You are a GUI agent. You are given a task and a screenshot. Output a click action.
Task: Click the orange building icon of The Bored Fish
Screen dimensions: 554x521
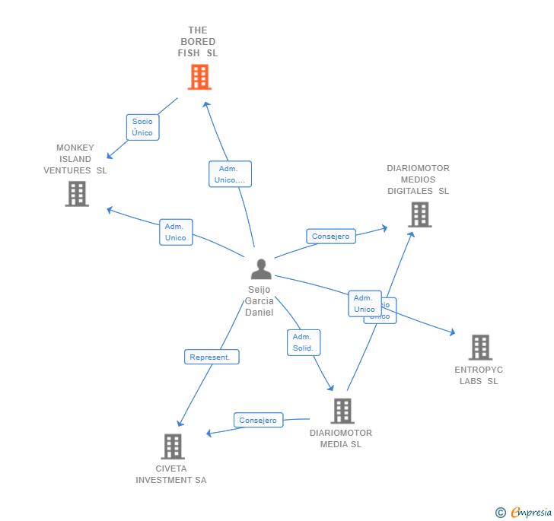pyautogui.click(x=199, y=77)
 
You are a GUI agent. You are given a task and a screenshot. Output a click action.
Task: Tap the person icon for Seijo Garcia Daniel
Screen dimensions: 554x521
pyautogui.click(x=261, y=269)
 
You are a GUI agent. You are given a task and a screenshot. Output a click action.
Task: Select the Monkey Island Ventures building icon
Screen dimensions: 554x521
pyautogui.click(x=77, y=194)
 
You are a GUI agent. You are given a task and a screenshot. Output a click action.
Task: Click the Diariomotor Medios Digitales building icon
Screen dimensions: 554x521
pyautogui.click(x=419, y=214)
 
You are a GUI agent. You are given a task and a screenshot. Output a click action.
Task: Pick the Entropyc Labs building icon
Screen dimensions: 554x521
pyautogui.click(x=479, y=348)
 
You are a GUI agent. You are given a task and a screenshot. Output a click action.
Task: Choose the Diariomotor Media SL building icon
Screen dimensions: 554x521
pyautogui.click(x=342, y=411)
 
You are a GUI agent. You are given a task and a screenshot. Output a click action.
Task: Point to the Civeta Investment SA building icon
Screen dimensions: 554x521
pyautogui.click(x=173, y=446)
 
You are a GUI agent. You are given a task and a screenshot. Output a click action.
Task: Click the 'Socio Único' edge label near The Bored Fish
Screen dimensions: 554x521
pyautogui.click(x=142, y=127)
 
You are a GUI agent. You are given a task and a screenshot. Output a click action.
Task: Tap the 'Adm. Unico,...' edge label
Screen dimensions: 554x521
pyautogui.click(x=230, y=174)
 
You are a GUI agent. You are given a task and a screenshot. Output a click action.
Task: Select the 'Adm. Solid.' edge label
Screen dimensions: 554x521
pyautogui.click(x=303, y=342)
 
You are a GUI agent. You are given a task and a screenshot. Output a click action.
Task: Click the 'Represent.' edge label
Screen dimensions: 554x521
pyautogui.click(x=212, y=357)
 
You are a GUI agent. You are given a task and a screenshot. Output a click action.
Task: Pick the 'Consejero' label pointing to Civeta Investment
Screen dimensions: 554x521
pyautogui.click(x=258, y=421)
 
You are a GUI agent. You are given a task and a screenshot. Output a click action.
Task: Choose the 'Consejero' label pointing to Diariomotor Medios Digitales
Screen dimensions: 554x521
pyautogui.click(x=330, y=237)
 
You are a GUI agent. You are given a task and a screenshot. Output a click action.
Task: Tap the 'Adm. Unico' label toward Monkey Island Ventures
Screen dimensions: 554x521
pyautogui.click(x=176, y=232)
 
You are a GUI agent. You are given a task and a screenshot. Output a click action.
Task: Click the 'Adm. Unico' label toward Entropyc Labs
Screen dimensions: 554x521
pyautogui.click(x=364, y=303)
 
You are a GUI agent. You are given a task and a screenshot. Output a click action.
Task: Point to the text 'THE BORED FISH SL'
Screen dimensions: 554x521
pyautogui.click(x=198, y=42)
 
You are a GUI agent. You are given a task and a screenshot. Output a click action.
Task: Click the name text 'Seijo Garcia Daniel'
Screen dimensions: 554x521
pyautogui.click(x=259, y=301)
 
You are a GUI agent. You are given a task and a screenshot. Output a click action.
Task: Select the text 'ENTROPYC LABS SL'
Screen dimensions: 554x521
pyautogui.click(x=479, y=376)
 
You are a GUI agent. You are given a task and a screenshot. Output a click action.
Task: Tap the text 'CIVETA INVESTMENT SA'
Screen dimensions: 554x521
pyautogui.click(x=171, y=475)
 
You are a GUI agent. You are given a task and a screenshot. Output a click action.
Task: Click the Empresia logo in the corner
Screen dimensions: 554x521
pyautogui.click(x=524, y=512)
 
